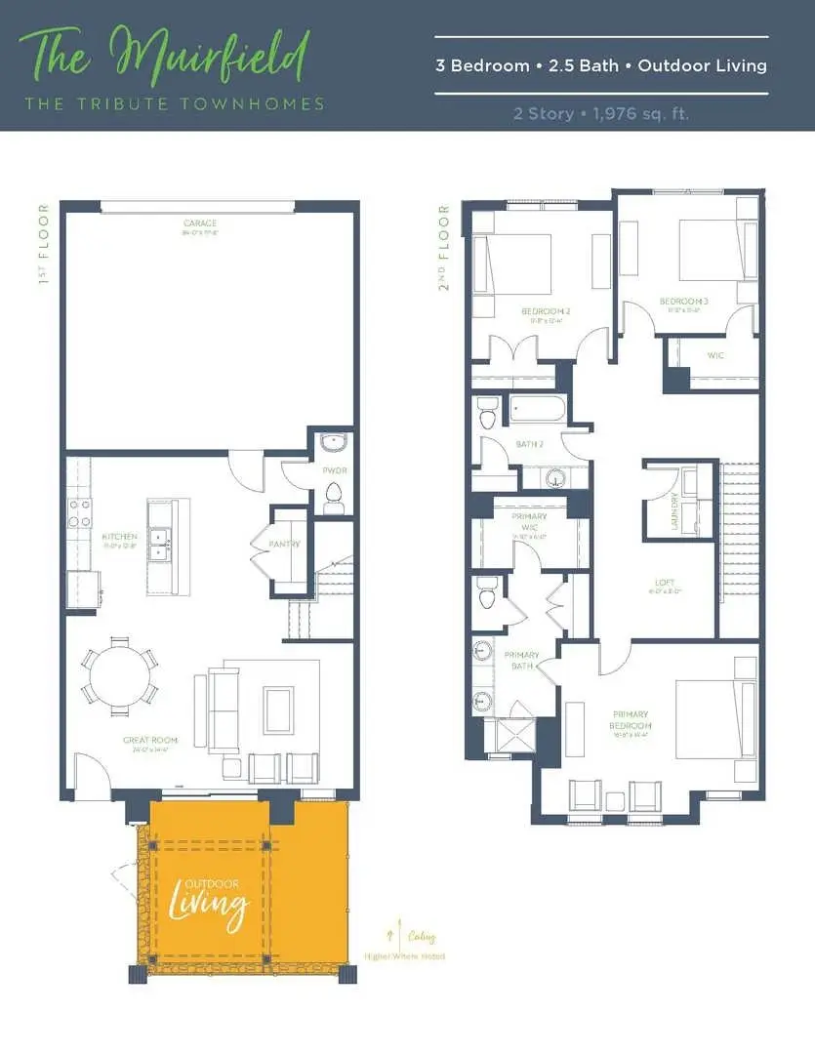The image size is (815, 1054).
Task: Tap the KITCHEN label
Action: (119, 536)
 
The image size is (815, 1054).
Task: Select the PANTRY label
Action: (285, 544)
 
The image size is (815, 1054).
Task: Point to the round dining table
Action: (119, 672)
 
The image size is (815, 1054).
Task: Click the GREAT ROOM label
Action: (147, 740)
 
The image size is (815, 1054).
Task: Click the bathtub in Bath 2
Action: (534, 409)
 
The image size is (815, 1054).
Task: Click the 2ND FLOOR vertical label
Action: (445, 246)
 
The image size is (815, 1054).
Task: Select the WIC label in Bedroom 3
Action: (715, 355)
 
